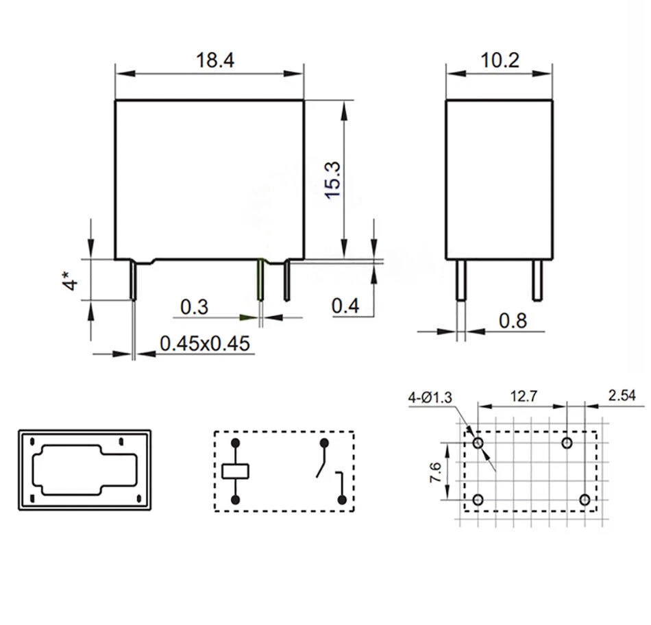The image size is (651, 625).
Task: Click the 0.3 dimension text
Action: pos(194,307)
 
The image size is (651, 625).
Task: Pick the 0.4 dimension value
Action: pos(345,306)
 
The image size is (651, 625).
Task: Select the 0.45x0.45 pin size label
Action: pos(204,343)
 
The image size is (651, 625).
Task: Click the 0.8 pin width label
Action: pos(513,321)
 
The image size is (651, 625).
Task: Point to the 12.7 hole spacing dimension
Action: pos(522,396)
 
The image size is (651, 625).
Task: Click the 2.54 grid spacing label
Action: pos(622,396)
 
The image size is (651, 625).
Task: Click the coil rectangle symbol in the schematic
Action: pos(235,471)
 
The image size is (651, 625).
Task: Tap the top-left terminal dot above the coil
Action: pos(235,443)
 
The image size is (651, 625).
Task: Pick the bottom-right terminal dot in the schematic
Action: pos(340,500)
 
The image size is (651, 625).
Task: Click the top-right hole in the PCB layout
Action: pos(567,443)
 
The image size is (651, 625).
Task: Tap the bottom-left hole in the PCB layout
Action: pos(478,500)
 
